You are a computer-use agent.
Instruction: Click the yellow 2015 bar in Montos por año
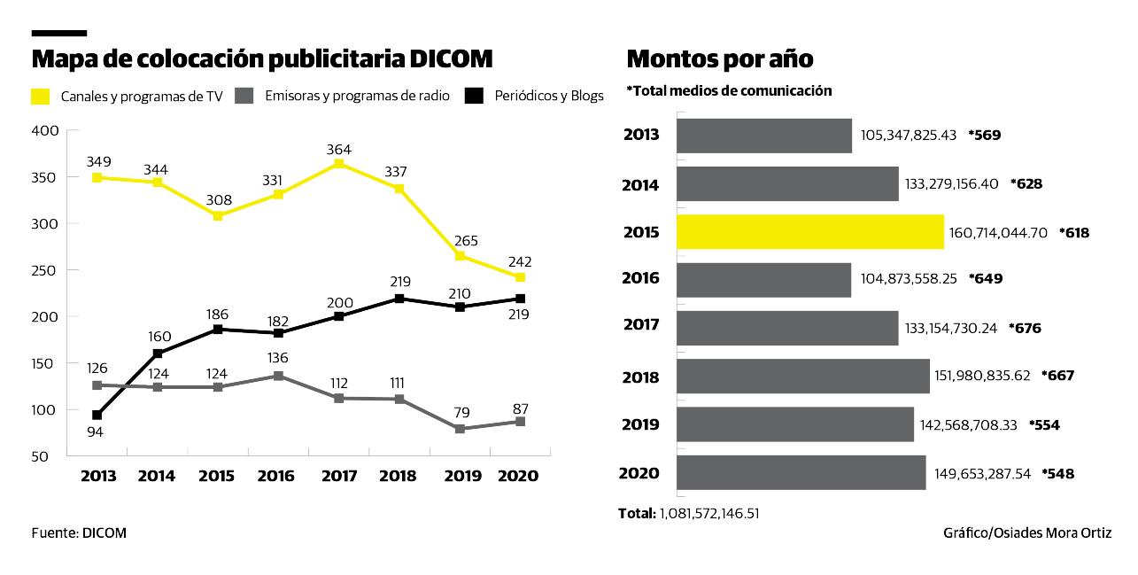point(809,232)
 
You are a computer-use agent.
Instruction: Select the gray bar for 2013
point(763,136)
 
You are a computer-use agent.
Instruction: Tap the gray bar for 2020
point(801,473)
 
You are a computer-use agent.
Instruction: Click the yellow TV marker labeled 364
point(338,164)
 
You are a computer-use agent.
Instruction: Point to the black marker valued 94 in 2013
point(97,415)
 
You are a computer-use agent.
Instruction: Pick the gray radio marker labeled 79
point(460,429)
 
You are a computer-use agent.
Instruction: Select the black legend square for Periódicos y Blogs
point(475,96)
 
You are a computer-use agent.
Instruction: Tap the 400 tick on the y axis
point(44,131)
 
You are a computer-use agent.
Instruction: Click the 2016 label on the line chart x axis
point(275,477)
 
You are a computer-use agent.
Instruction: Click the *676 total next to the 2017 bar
point(1024,329)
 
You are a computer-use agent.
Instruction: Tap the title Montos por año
point(720,59)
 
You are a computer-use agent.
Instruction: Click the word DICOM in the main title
point(451,59)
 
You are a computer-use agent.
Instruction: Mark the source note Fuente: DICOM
point(79,533)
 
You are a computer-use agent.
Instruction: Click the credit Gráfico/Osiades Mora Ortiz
point(1026,533)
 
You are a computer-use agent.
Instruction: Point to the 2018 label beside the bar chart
point(641,377)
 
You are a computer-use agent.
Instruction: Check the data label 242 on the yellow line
point(520,261)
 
